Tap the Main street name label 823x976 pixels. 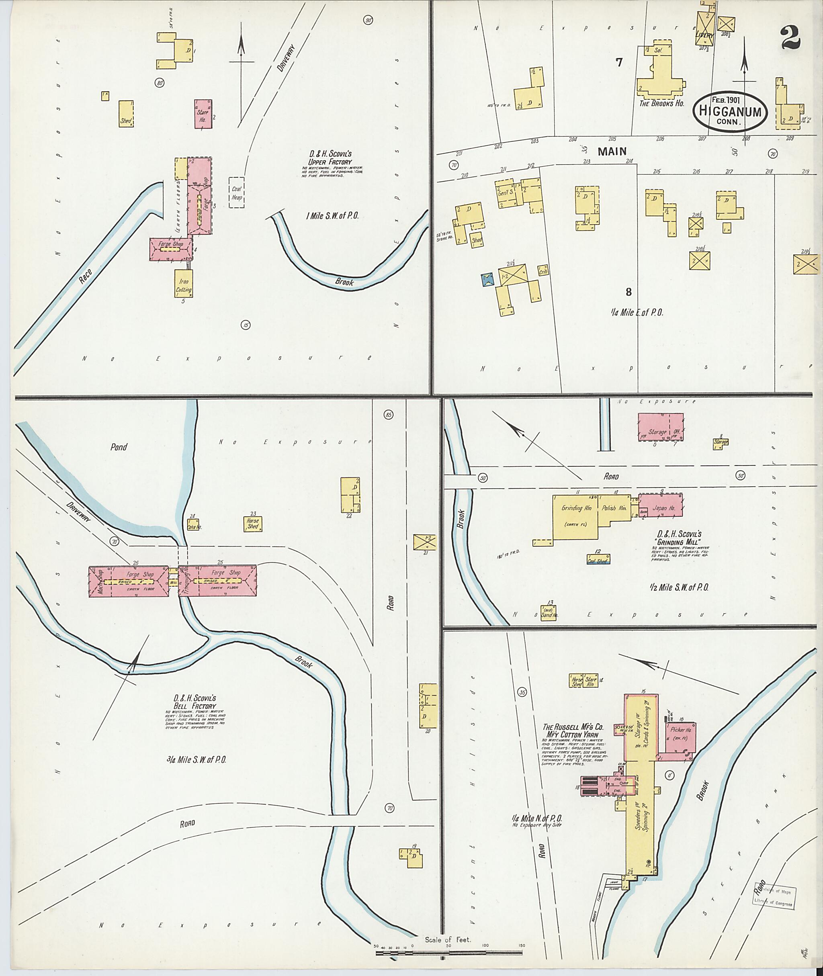click(x=612, y=151)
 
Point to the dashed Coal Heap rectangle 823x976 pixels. click(x=237, y=191)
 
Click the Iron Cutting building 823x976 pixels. click(x=183, y=283)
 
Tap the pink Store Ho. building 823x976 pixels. click(x=203, y=113)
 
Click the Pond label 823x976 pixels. click(x=119, y=446)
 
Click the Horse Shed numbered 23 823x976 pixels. click(x=253, y=524)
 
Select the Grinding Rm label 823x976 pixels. click(x=576, y=508)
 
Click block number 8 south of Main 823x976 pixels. click(x=629, y=292)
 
